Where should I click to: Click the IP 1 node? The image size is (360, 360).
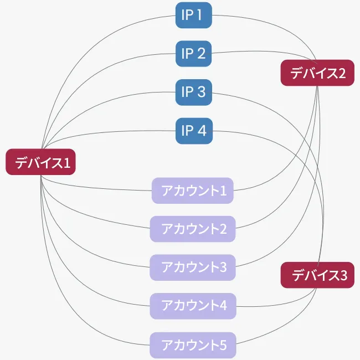pyautogui.click(x=193, y=15)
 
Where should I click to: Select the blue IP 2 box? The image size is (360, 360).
pyautogui.click(x=193, y=54)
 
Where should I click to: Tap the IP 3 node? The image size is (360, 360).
pyautogui.click(x=193, y=92)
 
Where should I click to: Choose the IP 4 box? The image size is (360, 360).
pyautogui.click(x=194, y=131)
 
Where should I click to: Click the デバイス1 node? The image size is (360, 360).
pyautogui.click(x=40, y=162)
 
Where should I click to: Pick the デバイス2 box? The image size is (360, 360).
pyautogui.click(x=317, y=73)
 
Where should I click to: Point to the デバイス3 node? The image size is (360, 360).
pyautogui.click(x=317, y=275)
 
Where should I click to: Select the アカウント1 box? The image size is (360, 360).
pyautogui.click(x=193, y=191)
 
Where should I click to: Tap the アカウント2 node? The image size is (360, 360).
pyautogui.click(x=193, y=229)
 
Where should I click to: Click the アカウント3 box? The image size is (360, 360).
pyautogui.click(x=193, y=268)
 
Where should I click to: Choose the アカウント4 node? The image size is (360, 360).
pyautogui.click(x=193, y=306)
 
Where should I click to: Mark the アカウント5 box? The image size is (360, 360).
pyautogui.click(x=193, y=345)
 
